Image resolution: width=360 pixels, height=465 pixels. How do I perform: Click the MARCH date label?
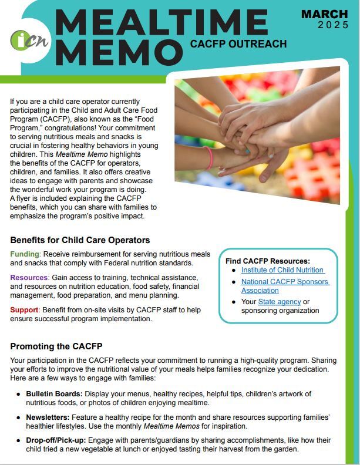pyautogui.click(x=324, y=14)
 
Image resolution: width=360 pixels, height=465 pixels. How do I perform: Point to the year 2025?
pyautogui.click(x=332, y=25)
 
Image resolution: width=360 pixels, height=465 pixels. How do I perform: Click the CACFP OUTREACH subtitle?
pyautogui.click(x=238, y=43)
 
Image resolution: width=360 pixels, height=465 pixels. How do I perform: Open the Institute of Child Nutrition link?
pyautogui.click(x=282, y=270)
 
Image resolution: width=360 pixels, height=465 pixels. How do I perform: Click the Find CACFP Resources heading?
pyautogui.click(x=268, y=261)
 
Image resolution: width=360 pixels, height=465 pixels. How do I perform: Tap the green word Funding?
pyautogui.click(x=25, y=253)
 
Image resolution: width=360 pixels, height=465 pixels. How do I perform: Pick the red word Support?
pyautogui.click(x=25, y=309)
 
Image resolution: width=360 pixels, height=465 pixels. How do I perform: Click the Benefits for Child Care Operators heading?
pyautogui.click(x=80, y=240)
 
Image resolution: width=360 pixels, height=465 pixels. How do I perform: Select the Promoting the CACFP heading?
pyautogui.click(x=56, y=346)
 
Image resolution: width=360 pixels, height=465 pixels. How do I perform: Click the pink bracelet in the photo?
pyautogui.click(x=208, y=157)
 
